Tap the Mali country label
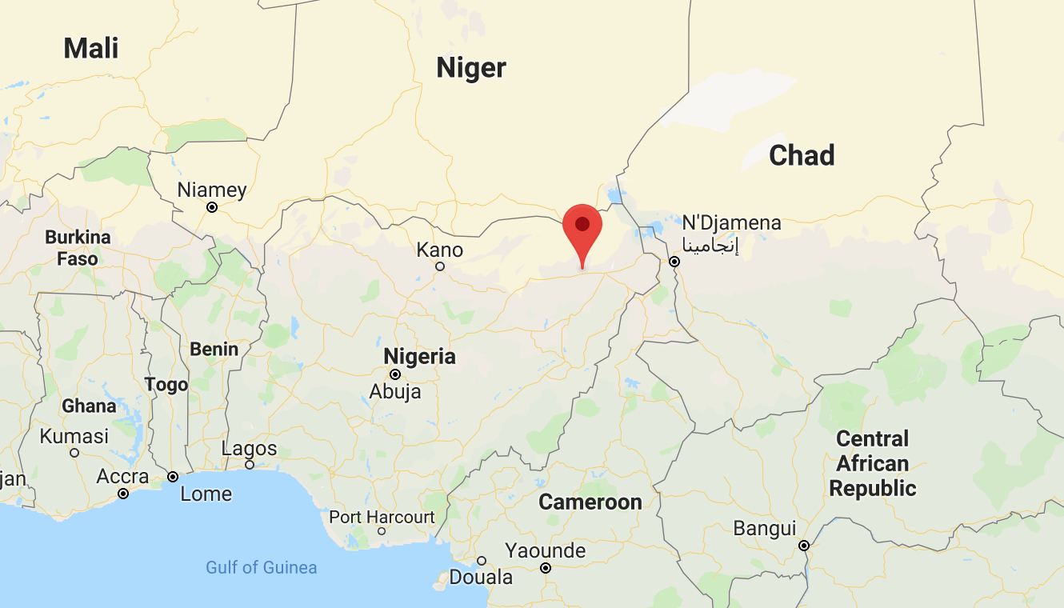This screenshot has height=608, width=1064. [x=91, y=48]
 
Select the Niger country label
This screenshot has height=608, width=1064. [x=471, y=68]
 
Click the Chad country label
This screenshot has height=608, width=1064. [x=802, y=155]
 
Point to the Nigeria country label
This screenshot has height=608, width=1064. [x=419, y=356]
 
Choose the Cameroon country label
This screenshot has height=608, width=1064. [x=590, y=502]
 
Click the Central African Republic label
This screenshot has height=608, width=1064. [x=872, y=463]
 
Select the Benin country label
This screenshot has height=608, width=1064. [x=214, y=349]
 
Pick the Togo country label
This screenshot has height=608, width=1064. [x=166, y=385]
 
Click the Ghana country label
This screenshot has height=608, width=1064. [x=89, y=406]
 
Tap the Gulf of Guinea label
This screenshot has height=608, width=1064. [x=262, y=567]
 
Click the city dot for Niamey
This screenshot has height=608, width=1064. [x=212, y=207]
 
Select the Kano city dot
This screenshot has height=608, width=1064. [x=439, y=266]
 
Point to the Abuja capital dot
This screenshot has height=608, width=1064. [x=394, y=374]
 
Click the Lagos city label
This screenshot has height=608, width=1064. [x=250, y=448]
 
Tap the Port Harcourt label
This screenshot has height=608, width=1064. [x=382, y=517]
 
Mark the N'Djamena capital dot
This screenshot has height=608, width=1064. [x=674, y=262]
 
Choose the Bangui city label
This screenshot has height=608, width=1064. [x=765, y=529]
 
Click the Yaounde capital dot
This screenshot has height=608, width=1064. [x=546, y=568]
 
